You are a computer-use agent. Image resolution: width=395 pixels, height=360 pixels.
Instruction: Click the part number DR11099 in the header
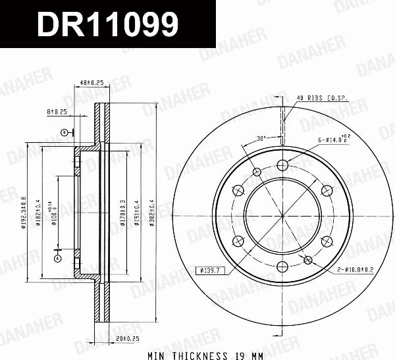point(107,25)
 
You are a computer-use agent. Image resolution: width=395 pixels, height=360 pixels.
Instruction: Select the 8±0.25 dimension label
point(57,111)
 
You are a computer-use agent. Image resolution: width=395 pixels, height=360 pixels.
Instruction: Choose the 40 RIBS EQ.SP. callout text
point(322,98)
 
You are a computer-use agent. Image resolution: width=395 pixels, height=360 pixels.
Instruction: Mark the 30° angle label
point(261,138)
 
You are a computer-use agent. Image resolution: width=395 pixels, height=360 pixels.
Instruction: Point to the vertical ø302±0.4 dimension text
point(151,211)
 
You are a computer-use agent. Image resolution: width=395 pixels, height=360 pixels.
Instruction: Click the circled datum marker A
point(57,259)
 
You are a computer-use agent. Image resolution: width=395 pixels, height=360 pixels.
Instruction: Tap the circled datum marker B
point(64,132)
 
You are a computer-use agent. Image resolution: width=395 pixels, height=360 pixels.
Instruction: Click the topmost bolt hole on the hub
point(282,165)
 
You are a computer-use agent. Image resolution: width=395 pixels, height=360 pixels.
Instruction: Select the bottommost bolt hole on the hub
point(282,266)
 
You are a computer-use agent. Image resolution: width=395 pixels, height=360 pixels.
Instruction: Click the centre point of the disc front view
point(282,215)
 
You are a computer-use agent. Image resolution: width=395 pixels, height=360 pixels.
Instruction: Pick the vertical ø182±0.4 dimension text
point(39,211)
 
